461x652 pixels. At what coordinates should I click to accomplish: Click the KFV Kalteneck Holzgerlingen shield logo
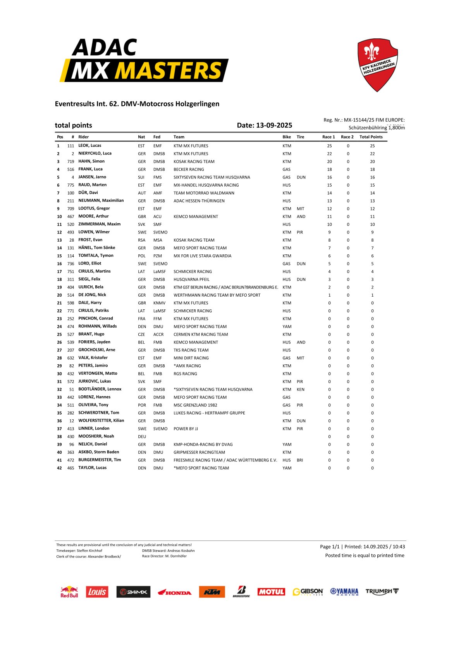[x=377, y=65]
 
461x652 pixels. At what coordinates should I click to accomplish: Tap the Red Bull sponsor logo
[x=69, y=592]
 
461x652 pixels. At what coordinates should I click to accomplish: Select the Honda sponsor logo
[x=174, y=592]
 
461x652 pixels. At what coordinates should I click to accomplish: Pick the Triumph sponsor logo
[x=382, y=591]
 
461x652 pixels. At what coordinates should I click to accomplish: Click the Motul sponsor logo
[x=271, y=592]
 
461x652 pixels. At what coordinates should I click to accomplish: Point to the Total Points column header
[x=371, y=137]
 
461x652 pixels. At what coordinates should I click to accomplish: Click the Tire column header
[x=300, y=137]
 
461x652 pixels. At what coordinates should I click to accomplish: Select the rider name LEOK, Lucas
[x=89, y=146]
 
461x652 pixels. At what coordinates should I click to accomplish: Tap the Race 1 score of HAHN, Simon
[x=329, y=162]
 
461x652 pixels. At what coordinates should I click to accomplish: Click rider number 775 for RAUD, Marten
[x=71, y=185]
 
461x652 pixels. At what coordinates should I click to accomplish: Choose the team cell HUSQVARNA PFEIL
[x=191, y=280]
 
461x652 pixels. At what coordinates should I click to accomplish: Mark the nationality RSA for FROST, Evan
[x=142, y=240]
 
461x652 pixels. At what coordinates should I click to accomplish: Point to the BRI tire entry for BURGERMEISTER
[x=300, y=460]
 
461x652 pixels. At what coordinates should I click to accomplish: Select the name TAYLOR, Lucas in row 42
[x=92, y=468]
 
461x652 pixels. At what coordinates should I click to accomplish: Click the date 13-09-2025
[x=274, y=125]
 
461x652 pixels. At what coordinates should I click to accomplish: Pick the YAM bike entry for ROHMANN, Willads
[x=287, y=327]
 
